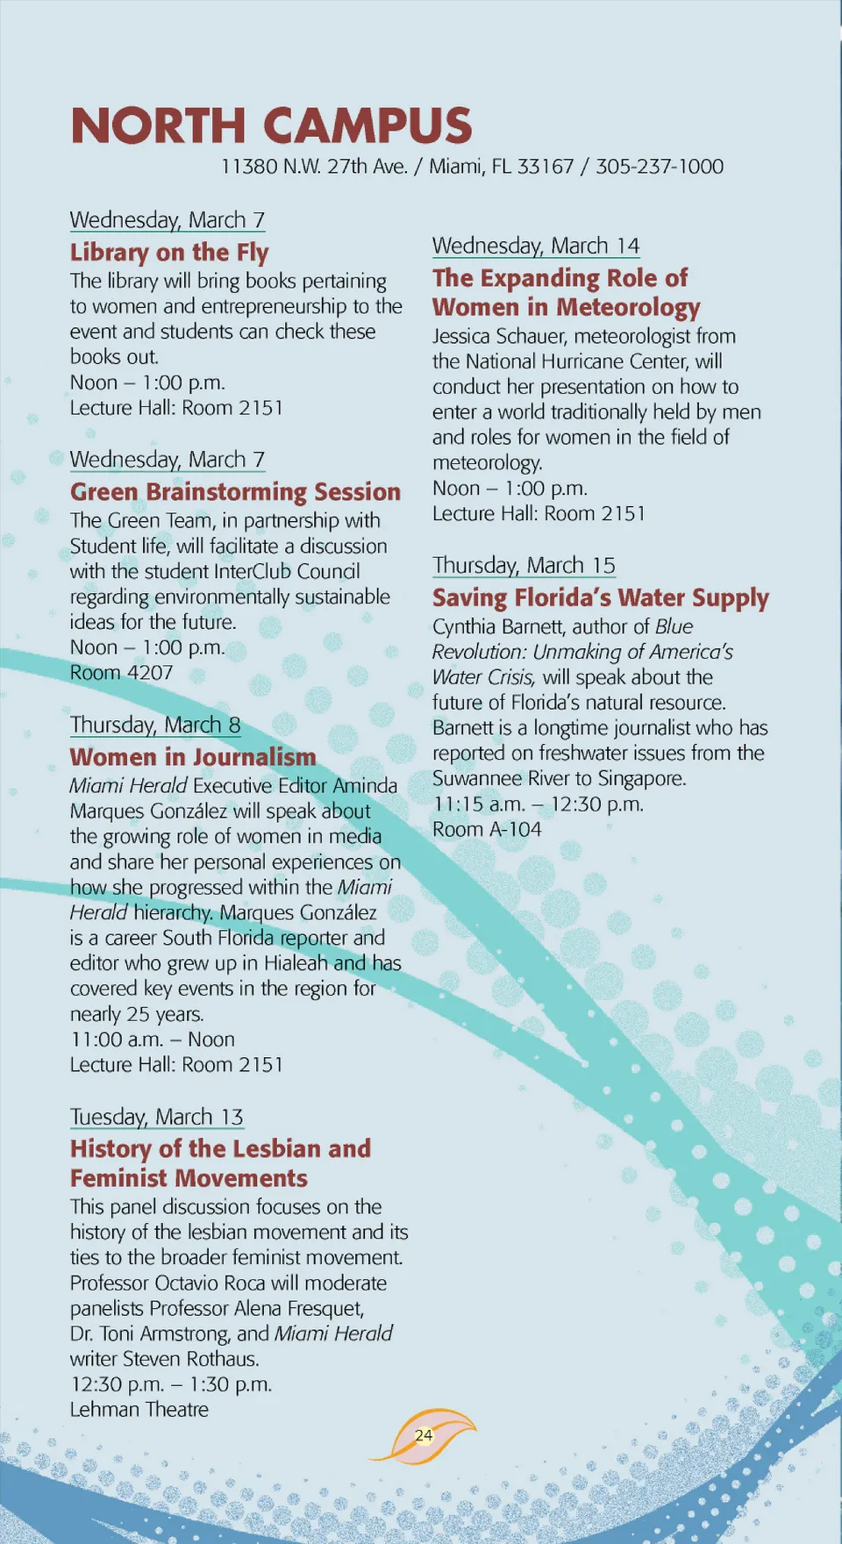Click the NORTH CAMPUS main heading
coord(271,125)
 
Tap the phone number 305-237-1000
coord(660,167)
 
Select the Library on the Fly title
coord(169,253)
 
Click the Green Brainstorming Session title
coord(235,492)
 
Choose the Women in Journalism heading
coord(193,757)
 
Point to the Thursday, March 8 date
coord(155,725)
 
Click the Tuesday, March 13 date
coord(156,1117)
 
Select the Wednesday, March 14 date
coord(535,246)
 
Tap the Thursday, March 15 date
coord(524,565)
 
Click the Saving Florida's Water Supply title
coord(600,598)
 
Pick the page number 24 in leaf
coord(424,1435)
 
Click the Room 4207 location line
coord(121,673)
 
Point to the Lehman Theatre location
coord(139,1410)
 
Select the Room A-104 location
coord(487,829)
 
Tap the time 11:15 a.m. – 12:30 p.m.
coord(538,804)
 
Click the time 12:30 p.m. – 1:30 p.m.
coord(171,1384)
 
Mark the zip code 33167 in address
coord(545,167)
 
